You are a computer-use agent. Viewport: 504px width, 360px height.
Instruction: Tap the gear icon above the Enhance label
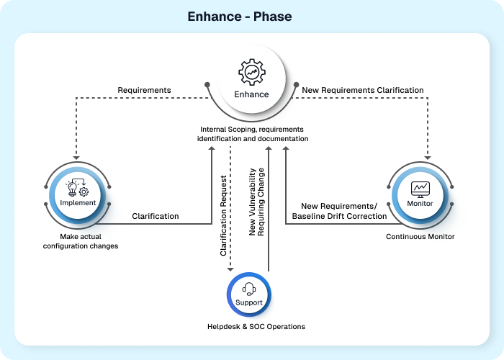pos(252,73)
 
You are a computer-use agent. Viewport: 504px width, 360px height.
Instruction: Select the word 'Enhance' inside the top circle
pos(252,94)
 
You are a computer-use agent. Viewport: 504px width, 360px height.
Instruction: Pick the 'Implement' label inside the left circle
pos(78,203)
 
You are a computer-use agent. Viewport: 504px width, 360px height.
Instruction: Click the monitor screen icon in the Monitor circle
pos(420,189)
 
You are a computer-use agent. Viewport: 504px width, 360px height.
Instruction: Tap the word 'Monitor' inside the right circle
pos(420,204)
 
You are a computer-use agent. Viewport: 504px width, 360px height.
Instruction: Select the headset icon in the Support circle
pos(249,289)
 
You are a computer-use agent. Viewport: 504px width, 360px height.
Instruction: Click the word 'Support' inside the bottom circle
pos(249,303)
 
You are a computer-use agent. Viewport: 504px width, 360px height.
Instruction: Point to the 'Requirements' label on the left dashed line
pos(144,90)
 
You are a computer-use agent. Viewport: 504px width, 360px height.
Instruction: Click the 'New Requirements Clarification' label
pos(363,90)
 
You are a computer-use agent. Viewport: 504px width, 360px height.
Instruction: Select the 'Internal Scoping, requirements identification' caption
pos(253,134)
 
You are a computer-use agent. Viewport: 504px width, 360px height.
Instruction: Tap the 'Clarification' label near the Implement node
pos(156,215)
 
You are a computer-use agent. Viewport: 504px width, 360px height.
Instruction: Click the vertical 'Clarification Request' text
pos(224,215)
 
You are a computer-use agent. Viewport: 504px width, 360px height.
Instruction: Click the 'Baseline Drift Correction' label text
pos(339,216)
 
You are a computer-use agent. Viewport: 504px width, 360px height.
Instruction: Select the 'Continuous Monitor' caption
pos(420,237)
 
